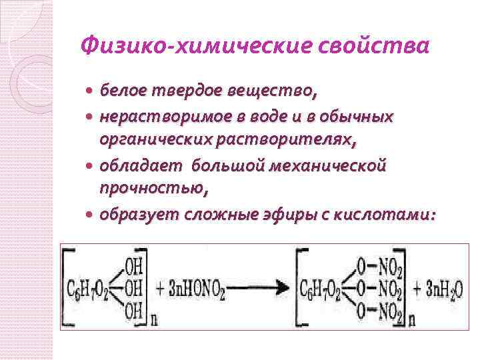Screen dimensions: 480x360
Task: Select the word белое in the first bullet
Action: tap(124, 89)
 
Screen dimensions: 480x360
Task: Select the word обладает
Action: tap(140, 164)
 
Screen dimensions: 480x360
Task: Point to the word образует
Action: tap(136, 214)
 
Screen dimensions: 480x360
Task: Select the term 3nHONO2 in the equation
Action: tap(195, 288)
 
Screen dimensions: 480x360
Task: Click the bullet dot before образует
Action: tap(90, 215)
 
